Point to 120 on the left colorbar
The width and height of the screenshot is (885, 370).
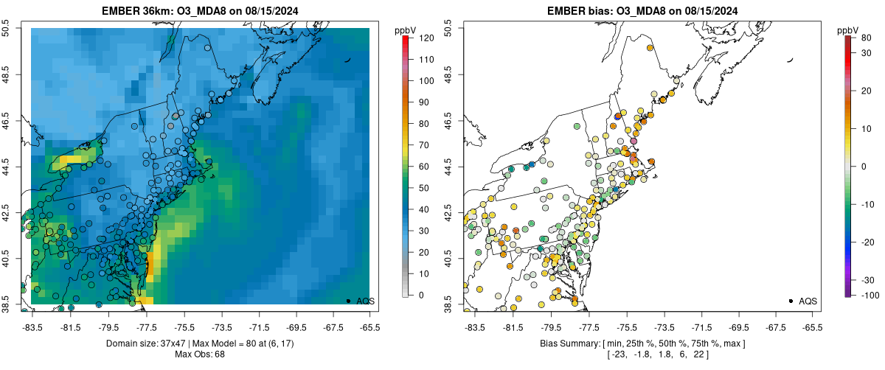click(425, 37)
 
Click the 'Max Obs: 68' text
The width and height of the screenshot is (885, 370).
click(199, 355)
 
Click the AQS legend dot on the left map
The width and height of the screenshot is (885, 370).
click(347, 301)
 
